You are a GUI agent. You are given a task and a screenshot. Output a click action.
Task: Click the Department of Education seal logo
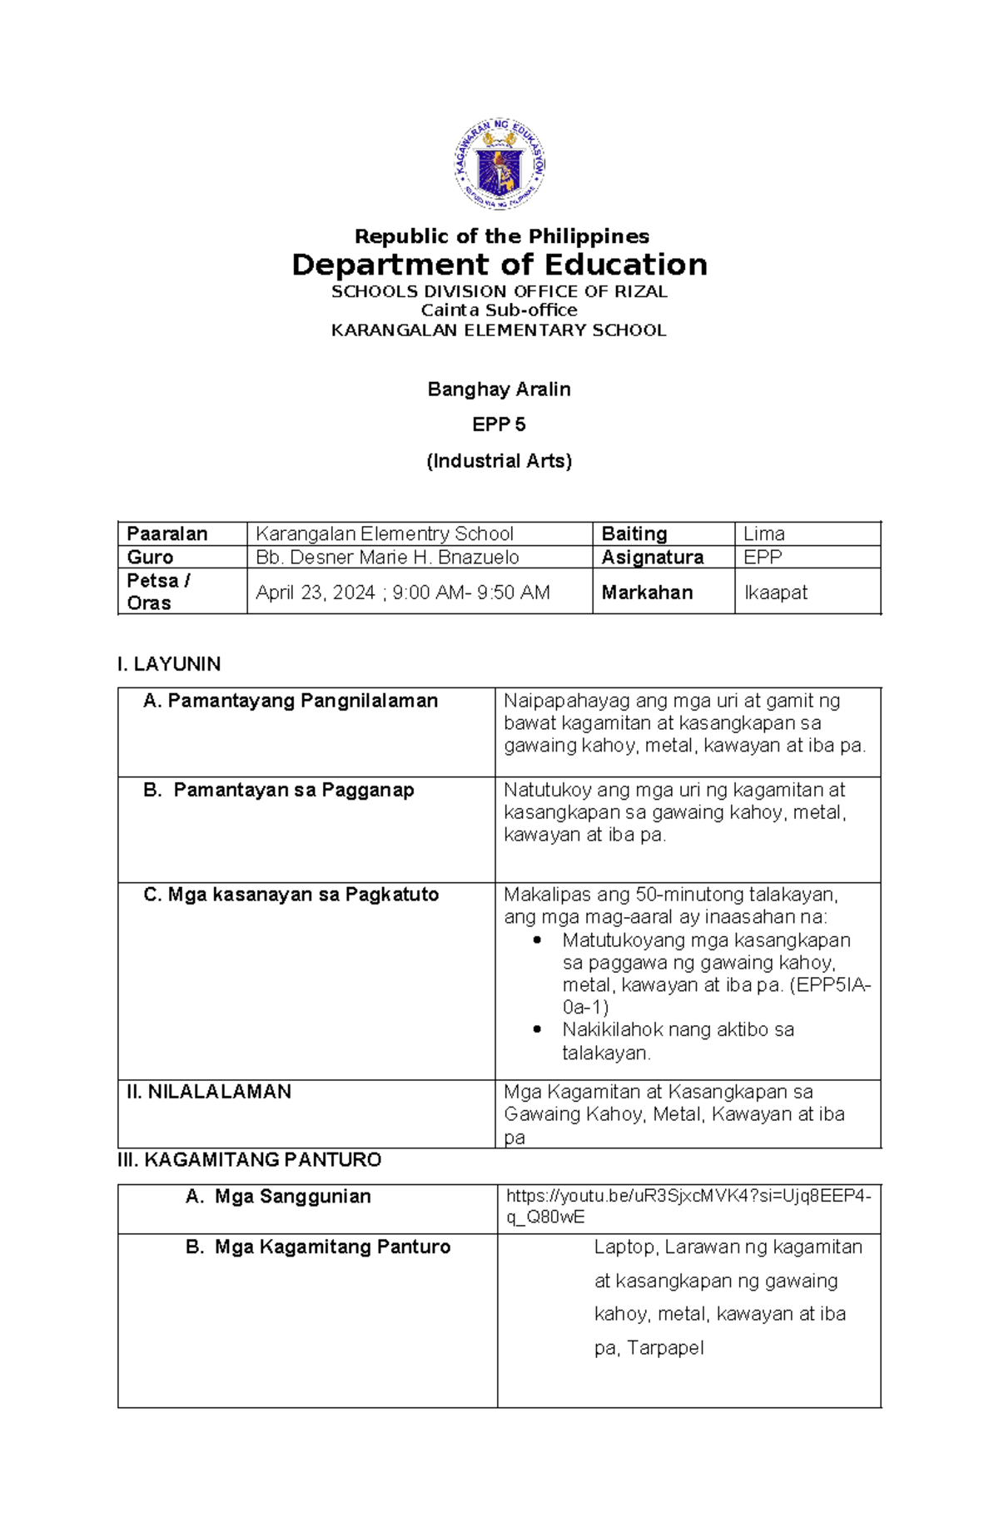pos(499,164)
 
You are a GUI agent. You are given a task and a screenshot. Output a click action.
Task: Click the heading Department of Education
pos(499,265)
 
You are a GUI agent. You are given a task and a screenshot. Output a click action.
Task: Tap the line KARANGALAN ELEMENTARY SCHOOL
pos(499,330)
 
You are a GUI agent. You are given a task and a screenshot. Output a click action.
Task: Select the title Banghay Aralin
pos(499,389)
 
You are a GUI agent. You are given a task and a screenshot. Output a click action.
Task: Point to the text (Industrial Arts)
pos(499,461)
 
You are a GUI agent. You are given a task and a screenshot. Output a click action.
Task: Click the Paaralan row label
pos(167,534)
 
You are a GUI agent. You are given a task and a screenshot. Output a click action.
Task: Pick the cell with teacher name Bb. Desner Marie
pos(387,558)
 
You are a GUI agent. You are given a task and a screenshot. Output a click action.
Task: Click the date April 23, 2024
pos(316,592)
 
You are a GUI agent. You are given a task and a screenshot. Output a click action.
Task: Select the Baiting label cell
pos(634,534)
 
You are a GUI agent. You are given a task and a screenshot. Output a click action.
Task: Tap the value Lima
pos(763,534)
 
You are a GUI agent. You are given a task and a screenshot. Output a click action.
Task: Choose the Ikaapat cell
pos(775,592)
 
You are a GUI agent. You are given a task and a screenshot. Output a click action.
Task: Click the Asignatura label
pos(653,558)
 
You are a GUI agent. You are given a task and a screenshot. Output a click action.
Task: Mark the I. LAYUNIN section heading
pos(169,664)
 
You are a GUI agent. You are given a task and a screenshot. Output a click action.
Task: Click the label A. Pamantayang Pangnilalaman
pos(291,701)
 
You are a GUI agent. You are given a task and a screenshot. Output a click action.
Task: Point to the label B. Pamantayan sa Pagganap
pos(279,790)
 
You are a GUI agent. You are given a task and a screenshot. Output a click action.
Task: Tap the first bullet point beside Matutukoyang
pos(537,940)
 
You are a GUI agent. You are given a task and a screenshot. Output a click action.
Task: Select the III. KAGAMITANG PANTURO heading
pos(250,1160)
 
